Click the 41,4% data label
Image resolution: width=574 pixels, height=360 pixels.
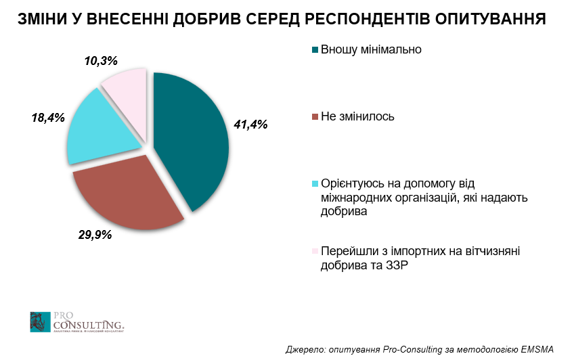[x=250, y=124]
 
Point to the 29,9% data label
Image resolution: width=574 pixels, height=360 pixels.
[x=94, y=235]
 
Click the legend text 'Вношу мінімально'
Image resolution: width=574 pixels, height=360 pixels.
[x=372, y=49]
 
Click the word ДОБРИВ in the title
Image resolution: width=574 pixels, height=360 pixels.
[x=208, y=19]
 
